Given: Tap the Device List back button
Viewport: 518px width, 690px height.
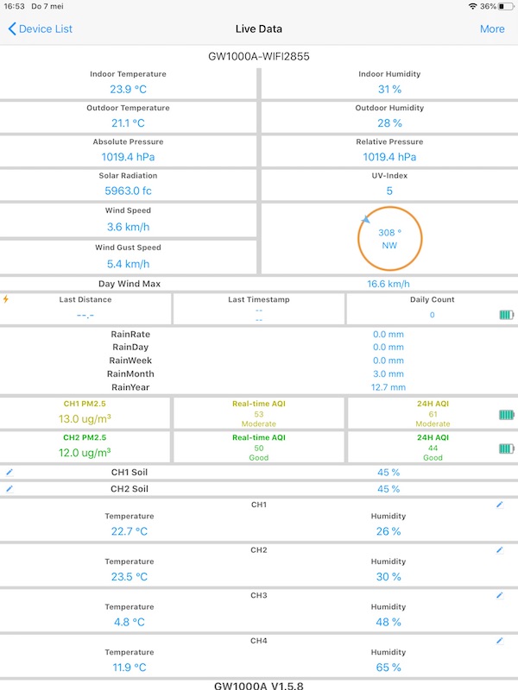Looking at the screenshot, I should pyautogui.click(x=40, y=28).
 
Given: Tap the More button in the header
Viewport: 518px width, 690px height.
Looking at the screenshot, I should pyautogui.click(x=492, y=28).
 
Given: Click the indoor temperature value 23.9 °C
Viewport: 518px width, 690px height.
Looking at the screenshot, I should pyautogui.click(x=128, y=89).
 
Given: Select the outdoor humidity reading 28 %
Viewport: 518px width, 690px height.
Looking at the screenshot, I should pyautogui.click(x=389, y=123).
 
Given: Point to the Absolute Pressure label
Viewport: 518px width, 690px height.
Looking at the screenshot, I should pyautogui.click(x=128, y=141).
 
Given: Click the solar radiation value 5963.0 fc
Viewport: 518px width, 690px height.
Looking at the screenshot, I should pyautogui.click(x=128, y=191).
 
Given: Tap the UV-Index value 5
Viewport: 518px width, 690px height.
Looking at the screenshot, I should pyautogui.click(x=389, y=191).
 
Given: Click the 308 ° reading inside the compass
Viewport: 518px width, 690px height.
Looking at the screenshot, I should pyautogui.click(x=389, y=233).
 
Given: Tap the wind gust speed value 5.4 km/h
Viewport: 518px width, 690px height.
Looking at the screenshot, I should pyautogui.click(x=128, y=264).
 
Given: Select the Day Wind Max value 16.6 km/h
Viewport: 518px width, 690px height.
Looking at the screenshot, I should pyautogui.click(x=388, y=284).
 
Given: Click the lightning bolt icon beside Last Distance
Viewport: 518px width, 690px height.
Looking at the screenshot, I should pyautogui.click(x=6, y=299).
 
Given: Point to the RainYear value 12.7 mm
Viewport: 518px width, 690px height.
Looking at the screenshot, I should pyautogui.click(x=388, y=387).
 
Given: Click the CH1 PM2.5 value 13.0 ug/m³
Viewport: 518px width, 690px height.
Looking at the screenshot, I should pyautogui.click(x=86, y=419).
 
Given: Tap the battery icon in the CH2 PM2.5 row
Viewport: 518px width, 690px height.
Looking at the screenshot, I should pyautogui.click(x=506, y=448).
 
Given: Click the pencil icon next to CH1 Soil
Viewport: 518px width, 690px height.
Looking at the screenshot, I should pyautogui.click(x=9, y=473).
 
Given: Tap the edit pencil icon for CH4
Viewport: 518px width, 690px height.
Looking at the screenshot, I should pyautogui.click(x=499, y=641).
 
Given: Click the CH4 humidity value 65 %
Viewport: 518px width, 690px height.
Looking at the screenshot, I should pyautogui.click(x=388, y=668).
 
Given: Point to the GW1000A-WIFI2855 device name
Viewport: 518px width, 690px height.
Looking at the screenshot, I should pyautogui.click(x=259, y=57).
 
